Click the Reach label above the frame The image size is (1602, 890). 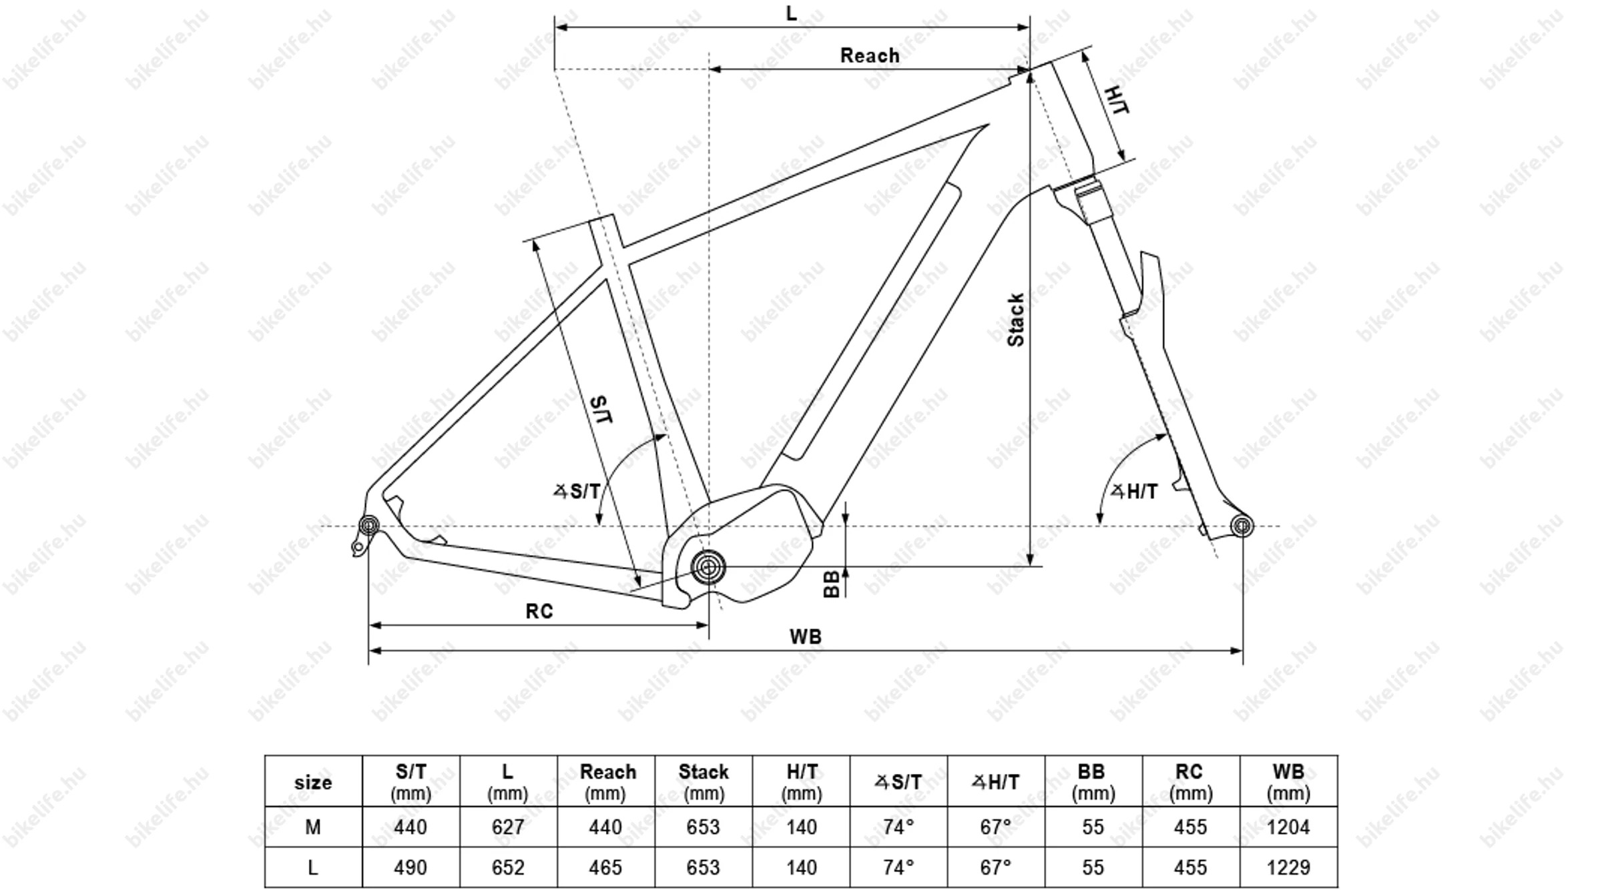[869, 55]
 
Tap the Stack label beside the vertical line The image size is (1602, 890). [1015, 320]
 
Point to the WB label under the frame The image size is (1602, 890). [806, 636]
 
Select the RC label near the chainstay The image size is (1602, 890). [539, 611]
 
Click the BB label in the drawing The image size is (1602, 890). [831, 584]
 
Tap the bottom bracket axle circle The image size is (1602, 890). [708, 567]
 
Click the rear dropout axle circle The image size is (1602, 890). [368, 526]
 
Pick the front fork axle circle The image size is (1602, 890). [1242, 526]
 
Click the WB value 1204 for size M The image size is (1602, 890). [1288, 827]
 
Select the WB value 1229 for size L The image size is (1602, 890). [1288, 867]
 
